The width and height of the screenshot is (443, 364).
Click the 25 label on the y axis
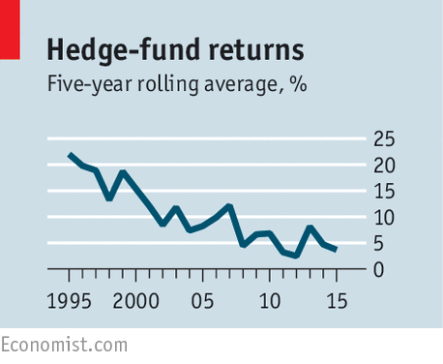click(385, 139)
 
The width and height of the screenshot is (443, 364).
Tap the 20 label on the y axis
click(385, 166)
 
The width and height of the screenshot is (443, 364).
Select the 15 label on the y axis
click(385, 192)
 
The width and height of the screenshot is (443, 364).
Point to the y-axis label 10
click(385, 218)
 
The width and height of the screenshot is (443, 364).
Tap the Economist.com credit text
click(64, 345)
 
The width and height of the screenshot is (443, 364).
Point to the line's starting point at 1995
click(70, 155)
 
